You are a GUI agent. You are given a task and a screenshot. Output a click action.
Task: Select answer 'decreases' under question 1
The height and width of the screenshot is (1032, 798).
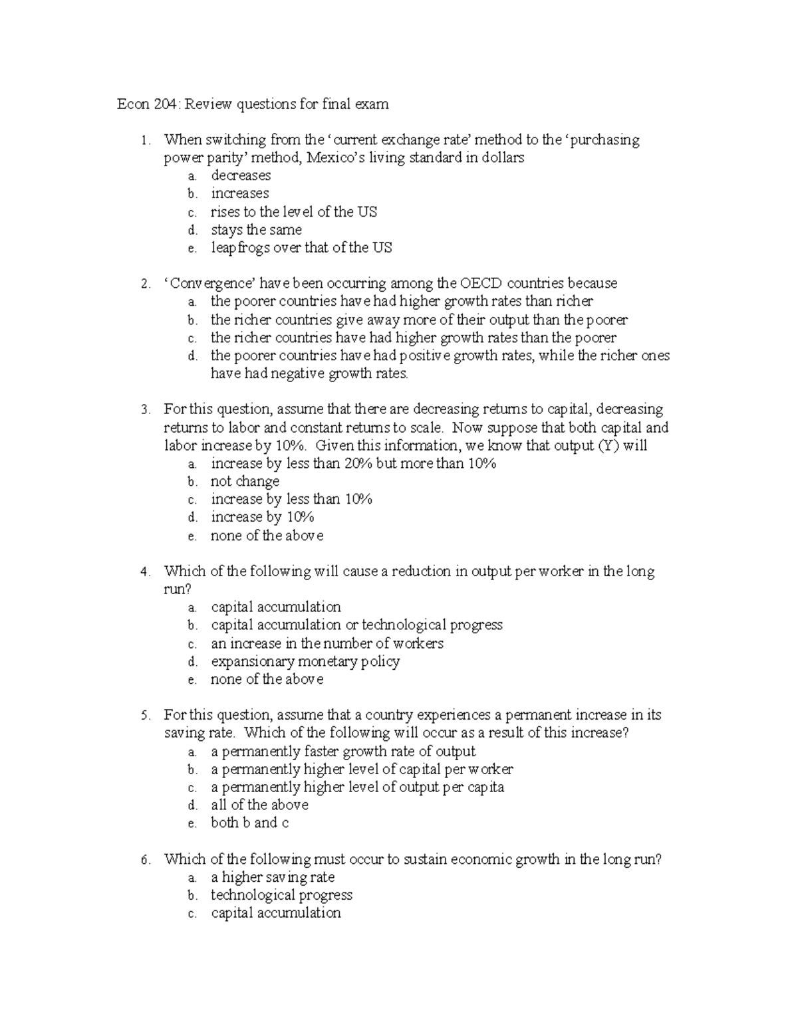[241, 176]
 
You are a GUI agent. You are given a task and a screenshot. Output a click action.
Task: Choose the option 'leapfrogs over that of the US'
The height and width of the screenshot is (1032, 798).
[301, 248]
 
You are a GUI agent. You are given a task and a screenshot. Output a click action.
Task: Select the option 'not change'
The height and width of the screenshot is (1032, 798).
[245, 482]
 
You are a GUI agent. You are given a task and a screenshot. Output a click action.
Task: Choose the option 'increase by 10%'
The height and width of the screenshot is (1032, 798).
[262, 518]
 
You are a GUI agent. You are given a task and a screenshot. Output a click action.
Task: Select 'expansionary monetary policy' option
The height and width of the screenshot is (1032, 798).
[305, 662]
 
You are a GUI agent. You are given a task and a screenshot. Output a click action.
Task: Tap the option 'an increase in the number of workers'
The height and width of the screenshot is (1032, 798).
[327, 644]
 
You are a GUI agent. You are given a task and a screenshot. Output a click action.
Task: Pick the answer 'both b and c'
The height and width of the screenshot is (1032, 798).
[249, 823]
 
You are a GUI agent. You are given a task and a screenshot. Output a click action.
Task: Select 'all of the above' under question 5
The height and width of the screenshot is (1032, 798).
[259, 805]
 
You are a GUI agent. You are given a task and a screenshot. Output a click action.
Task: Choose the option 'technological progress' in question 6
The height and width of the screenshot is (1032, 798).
[281, 896]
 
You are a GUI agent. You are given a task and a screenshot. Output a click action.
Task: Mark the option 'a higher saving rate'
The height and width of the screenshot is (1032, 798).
[273, 878]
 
